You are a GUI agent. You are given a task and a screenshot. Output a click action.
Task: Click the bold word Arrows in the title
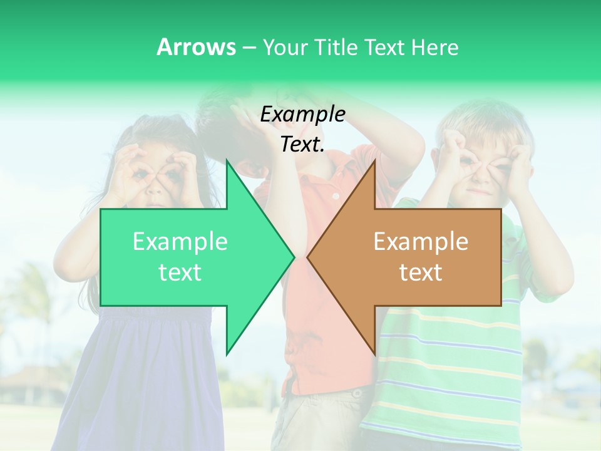(196, 47)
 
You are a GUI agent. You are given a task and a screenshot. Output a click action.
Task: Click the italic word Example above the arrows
(302, 115)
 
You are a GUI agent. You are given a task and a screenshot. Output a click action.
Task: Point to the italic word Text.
(302, 145)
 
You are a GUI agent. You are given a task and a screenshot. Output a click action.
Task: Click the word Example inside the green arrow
(180, 241)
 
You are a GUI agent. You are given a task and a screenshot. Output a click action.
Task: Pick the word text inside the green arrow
(180, 272)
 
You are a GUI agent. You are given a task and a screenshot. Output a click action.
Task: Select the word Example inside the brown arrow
(421, 241)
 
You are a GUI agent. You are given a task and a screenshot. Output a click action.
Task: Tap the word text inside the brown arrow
(421, 272)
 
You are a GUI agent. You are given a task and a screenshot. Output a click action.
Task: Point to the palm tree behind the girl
(31, 294)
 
